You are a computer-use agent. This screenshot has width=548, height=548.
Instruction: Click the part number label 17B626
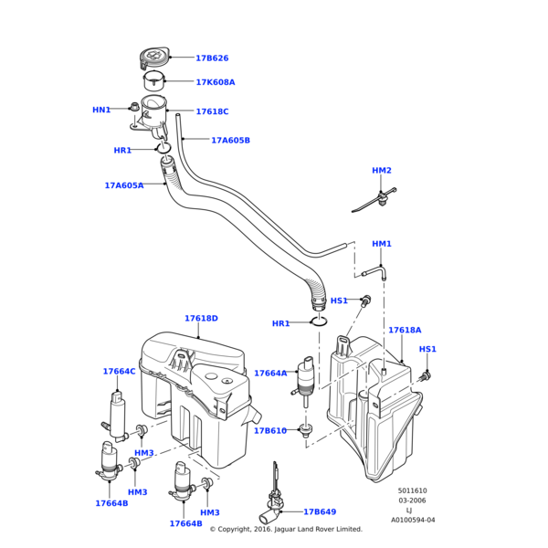[x=212, y=58]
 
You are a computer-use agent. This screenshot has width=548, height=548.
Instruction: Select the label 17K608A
[x=215, y=82]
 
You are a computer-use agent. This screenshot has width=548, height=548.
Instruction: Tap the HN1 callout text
[x=100, y=110]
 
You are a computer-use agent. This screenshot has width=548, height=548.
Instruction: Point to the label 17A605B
[x=230, y=141]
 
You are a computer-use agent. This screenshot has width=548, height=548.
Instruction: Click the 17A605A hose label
[x=123, y=185]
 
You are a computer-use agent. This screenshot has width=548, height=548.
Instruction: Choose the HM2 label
[x=381, y=171]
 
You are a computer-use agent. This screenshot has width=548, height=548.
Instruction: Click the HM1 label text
[x=381, y=244]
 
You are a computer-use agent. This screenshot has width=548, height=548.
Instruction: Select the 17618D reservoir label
[x=201, y=319]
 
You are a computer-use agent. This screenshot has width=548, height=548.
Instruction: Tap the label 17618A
[x=405, y=330]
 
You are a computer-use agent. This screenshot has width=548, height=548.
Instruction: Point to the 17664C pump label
[x=119, y=372]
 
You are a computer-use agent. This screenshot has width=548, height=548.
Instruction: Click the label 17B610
[x=269, y=430]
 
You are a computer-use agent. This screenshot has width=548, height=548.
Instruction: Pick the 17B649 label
[x=320, y=512]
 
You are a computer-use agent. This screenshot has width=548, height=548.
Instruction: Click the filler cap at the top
[x=153, y=58]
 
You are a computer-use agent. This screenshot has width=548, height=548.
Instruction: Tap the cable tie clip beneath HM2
[x=376, y=199]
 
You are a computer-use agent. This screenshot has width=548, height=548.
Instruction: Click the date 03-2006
[x=411, y=501]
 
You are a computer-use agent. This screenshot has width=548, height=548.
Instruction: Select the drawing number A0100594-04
[x=413, y=520]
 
